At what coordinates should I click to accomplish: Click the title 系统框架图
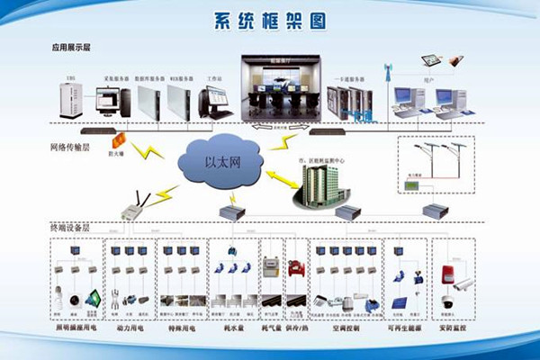pos(269,21)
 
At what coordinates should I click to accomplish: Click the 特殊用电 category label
pos(182,330)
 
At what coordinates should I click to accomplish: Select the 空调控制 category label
pos(345,330)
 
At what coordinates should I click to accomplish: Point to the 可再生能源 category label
pos(404,330)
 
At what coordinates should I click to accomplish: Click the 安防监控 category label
pos(456,330)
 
